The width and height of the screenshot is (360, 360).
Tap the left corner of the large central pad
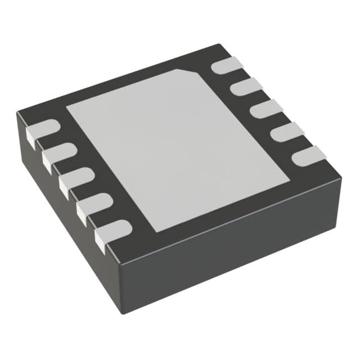coord(67,107)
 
